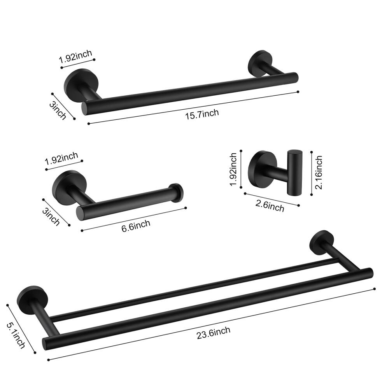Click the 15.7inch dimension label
coord(202,113)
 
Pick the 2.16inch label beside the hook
coord(319,173)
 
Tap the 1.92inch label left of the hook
coord(233,170)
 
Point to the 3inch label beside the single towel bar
coord(58,110)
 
